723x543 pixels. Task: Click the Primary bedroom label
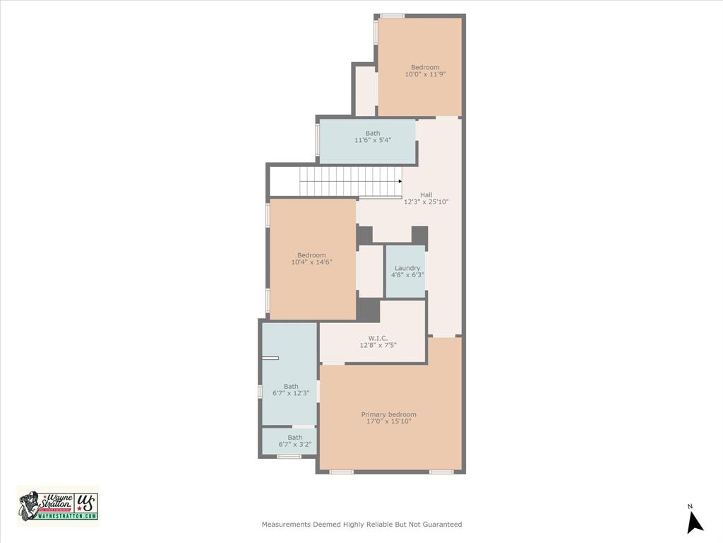tap(388, 414)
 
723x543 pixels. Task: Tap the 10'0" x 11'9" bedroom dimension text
tap(425, 74)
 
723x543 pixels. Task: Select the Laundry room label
tap(407, 268)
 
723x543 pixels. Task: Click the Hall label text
tap(426, 195)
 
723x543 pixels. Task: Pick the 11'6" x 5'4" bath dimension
tap(372, 140)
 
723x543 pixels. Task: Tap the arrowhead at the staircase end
tap(400, 181)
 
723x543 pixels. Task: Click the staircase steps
tap(349, 181)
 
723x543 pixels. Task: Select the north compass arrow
tap(695, 522)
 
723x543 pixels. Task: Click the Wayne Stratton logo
tap(58, 506)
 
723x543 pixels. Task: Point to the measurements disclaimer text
tap(361, 525)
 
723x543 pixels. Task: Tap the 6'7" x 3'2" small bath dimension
tap(295, 445)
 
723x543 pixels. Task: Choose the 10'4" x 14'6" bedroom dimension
tap(311, 262)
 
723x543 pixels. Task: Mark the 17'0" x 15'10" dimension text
tap(388, 421)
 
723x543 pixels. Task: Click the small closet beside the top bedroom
tap(365, 90)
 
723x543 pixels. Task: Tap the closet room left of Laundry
tap(370, 271)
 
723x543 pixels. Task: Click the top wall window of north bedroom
tap(392, 16)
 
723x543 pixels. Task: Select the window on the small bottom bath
tap(289, 457)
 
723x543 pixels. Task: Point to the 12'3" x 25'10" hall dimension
tap(426, 202)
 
